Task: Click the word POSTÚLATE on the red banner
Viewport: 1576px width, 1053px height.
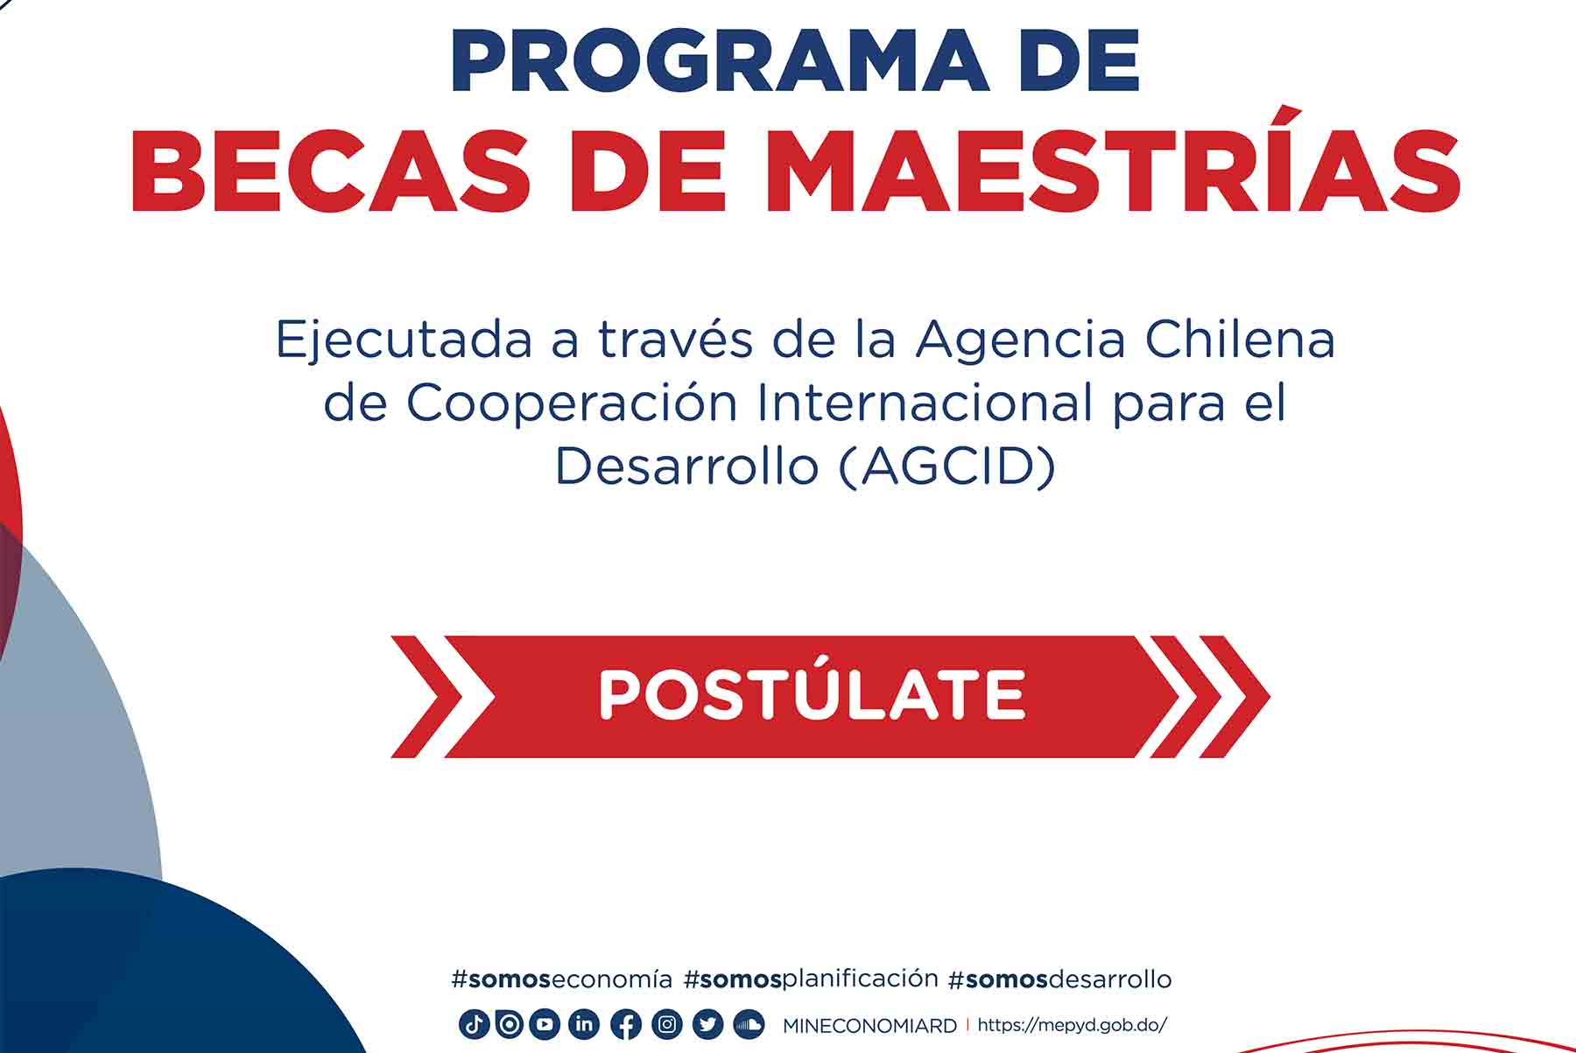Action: (812, 696)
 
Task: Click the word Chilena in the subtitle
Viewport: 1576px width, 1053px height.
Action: (1240, 340)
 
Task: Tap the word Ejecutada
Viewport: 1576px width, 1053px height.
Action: (404, 340)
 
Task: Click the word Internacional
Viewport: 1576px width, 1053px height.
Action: (925, 403)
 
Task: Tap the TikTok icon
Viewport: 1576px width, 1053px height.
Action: (474, 1024)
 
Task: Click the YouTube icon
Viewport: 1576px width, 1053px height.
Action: (545, 1024)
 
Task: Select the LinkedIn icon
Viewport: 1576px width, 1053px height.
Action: (584, 1024)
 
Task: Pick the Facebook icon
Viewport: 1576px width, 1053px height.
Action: (625, 1024)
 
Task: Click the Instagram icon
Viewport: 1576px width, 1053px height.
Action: (667, 1024)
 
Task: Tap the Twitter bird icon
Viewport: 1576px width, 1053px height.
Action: (707, 1024)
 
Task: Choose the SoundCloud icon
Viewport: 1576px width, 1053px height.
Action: (749, 1024)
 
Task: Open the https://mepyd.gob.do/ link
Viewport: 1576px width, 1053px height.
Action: (1072, 1025)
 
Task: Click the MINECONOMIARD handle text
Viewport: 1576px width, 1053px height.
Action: (869, 1026)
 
